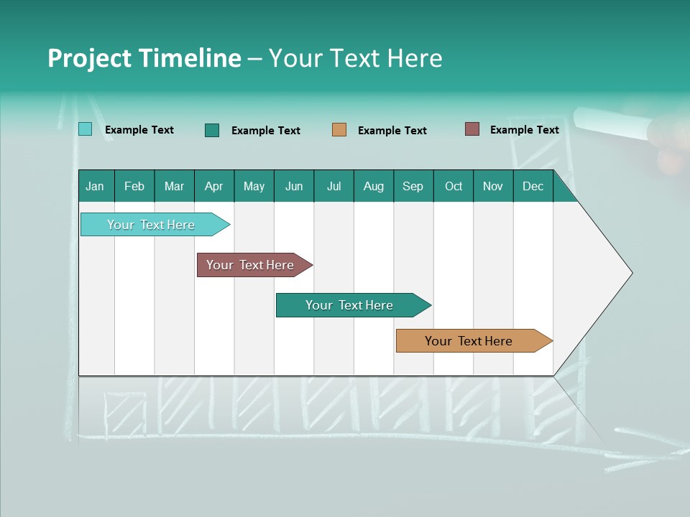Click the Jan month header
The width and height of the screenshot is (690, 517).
point(96,186)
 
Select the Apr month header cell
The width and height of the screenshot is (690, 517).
point(214,186)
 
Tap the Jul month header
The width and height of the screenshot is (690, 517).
point(333,186)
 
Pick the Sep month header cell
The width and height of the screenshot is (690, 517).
point(413,186)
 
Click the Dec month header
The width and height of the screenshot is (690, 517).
point(533,186)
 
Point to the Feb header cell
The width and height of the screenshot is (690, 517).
point(134,186)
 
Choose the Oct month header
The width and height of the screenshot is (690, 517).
point(454,186)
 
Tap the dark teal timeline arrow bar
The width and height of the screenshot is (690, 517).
point(350,305)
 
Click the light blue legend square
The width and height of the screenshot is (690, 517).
point(85,129)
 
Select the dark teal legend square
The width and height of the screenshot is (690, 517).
point(212,130)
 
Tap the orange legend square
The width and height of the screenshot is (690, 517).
point(339,130)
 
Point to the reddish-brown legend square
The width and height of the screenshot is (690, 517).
point(472,129)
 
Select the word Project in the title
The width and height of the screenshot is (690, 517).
point(87,58)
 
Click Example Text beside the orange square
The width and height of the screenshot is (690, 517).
point(392,131)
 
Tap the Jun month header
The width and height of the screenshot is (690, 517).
point(294,186)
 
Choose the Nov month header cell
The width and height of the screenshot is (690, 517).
point(493,186)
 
